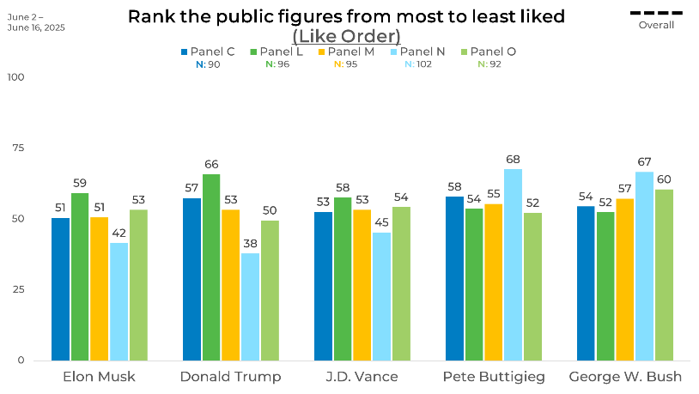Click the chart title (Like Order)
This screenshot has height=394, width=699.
pyautogui.click(x=346, y=35)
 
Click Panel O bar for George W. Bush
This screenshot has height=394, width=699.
pyautogui.click(x=665, y=275)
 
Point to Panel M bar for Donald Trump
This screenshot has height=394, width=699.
pyautogui.click(x=231, y=284)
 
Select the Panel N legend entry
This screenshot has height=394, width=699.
pyautogui.click(x=422, y=52)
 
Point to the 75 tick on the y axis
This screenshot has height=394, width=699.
pyautogui.click(x=17, y=148)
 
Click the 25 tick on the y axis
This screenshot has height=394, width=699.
pyautogui.click(x=17, y=289)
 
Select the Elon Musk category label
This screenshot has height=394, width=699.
pyautogui.click(x=100, y=377)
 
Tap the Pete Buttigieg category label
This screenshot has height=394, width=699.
pyautogui.click(x=494, y=377)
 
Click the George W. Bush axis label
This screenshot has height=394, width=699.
pyautogui.click(x=626, y=377)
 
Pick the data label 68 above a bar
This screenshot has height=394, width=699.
pyautogui.click(x=514, y=160)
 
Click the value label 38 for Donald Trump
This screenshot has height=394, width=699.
pyautogui.click(x=250, y=244)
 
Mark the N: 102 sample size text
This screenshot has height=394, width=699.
pyautogui.click(x=422, y=64)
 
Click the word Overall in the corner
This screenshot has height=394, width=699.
pyautogui.click(x=656, y=25)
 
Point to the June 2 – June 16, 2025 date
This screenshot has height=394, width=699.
pyautogui.click(x=35, y=22)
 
